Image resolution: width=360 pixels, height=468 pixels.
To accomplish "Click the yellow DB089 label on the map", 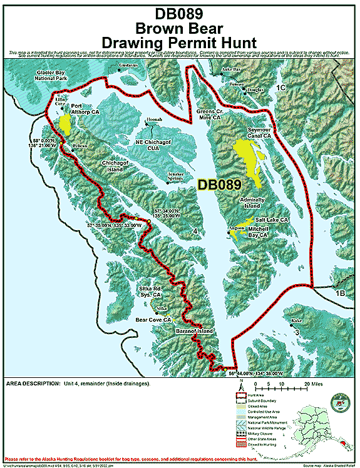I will tap(219, 185).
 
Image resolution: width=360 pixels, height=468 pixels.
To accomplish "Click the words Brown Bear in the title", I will tap(180, 28).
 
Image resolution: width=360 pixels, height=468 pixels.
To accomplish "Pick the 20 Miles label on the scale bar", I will tap(312, 384).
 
